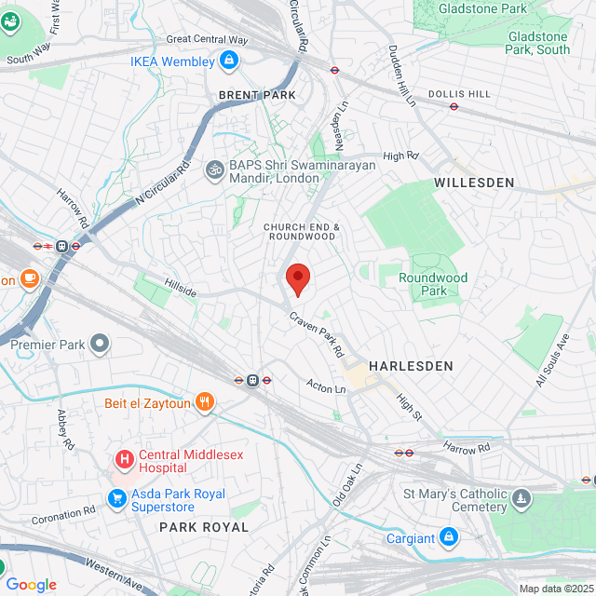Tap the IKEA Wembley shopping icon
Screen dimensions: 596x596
(x=229, y=61)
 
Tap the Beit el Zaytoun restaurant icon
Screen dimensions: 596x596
(x=205, y=403)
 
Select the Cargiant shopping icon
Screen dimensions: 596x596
(x=450, y=538)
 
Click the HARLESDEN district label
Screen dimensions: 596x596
(x=411, y=366)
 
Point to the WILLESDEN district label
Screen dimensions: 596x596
(x=474, y=183)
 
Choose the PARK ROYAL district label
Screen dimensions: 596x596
(x=204, y=527)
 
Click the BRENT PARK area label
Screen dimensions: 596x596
(x=257, y=95)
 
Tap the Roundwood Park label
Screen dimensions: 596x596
(x=433, y=284)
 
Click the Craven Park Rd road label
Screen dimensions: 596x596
(x=317, y=335)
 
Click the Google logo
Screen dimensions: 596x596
(x=32, y=585)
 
